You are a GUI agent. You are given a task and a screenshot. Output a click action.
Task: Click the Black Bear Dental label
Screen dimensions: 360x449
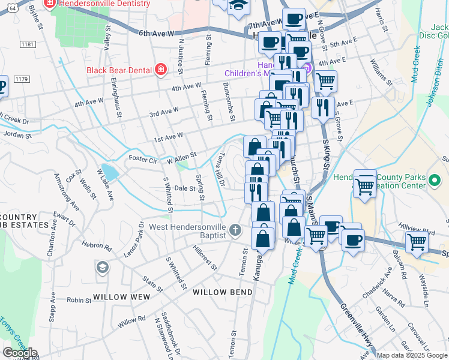click(119, 70)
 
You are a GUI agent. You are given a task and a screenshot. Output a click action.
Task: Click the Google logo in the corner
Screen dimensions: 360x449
click(19, 353)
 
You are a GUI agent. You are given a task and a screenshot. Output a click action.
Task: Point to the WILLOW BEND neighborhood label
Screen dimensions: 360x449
click(214, 292)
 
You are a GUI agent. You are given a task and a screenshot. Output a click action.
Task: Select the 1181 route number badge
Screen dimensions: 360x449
click(26, 44)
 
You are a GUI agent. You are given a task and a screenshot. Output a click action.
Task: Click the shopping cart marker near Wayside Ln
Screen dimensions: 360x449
click(417, 242)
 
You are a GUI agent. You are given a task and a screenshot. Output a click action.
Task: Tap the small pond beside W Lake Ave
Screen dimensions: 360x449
click(109, 172)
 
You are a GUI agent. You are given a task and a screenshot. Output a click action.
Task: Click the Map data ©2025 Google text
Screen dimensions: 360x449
click(412, 355)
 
